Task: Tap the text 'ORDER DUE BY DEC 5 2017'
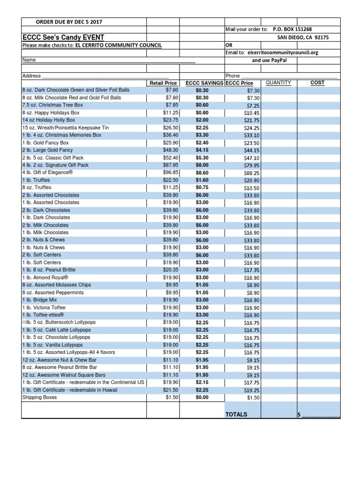click(69, 22)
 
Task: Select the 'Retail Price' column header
click(163, 83)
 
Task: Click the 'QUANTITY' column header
click(278, 83)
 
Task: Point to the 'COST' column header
click(317, 83)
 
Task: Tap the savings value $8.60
click(202, 172)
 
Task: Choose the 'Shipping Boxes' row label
click(39, 397)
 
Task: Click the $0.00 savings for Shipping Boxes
click(202, 397)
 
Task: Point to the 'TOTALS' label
click(237, 414)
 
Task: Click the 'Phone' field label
click(232, 75)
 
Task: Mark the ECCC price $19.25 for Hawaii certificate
click(252, 390)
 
